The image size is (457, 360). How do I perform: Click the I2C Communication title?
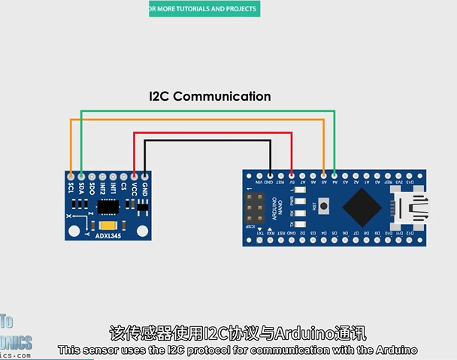209,96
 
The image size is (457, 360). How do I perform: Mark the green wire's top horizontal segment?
207,111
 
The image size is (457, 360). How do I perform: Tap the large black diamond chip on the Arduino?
359,205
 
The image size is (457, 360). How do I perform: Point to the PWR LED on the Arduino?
298,202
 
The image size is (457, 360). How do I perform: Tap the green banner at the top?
203,9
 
